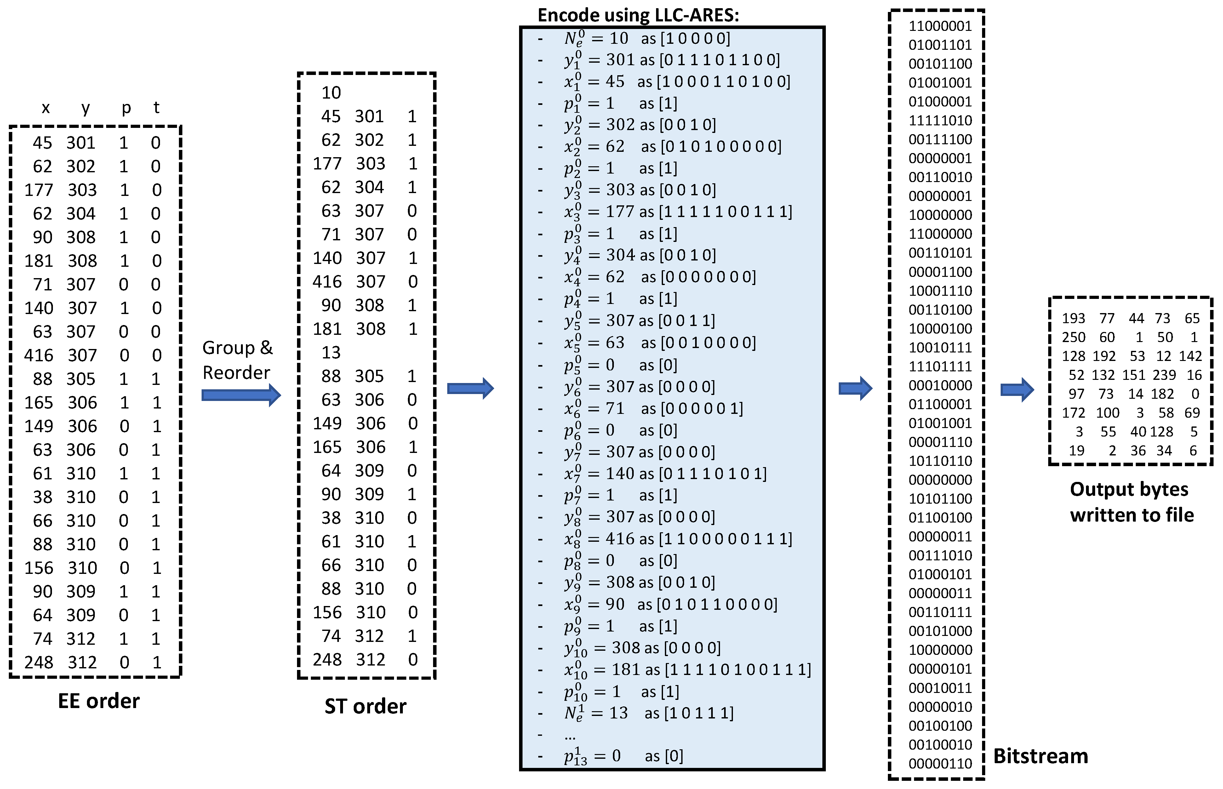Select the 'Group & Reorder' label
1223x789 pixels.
[x=237, y=360]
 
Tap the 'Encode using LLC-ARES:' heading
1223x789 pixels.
[x=638, y=15]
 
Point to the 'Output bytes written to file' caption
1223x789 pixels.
[x=1131, y=502]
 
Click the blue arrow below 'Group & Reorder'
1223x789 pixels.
[x=241, y=395]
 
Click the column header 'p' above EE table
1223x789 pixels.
[x=126, y=108]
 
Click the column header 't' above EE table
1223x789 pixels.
[x=156, y=108]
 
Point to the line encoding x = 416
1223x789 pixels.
[x=676, y=539]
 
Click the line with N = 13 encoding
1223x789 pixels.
[x=648, y=713]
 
